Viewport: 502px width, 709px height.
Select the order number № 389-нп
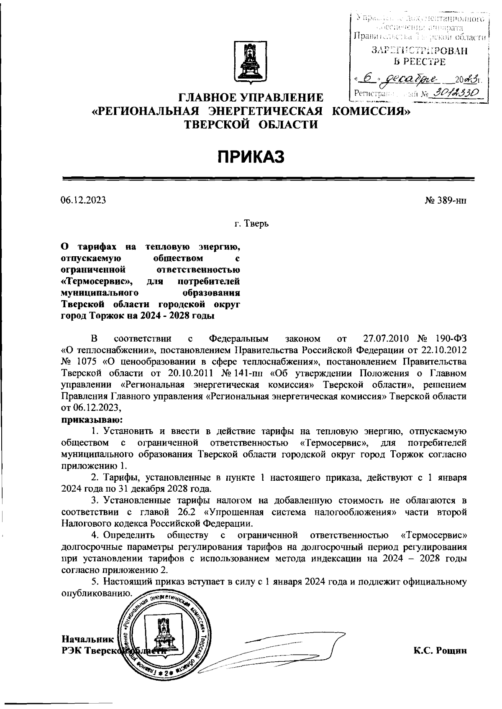[445, 200]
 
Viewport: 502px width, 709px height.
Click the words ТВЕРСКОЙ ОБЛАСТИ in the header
[251, 124]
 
